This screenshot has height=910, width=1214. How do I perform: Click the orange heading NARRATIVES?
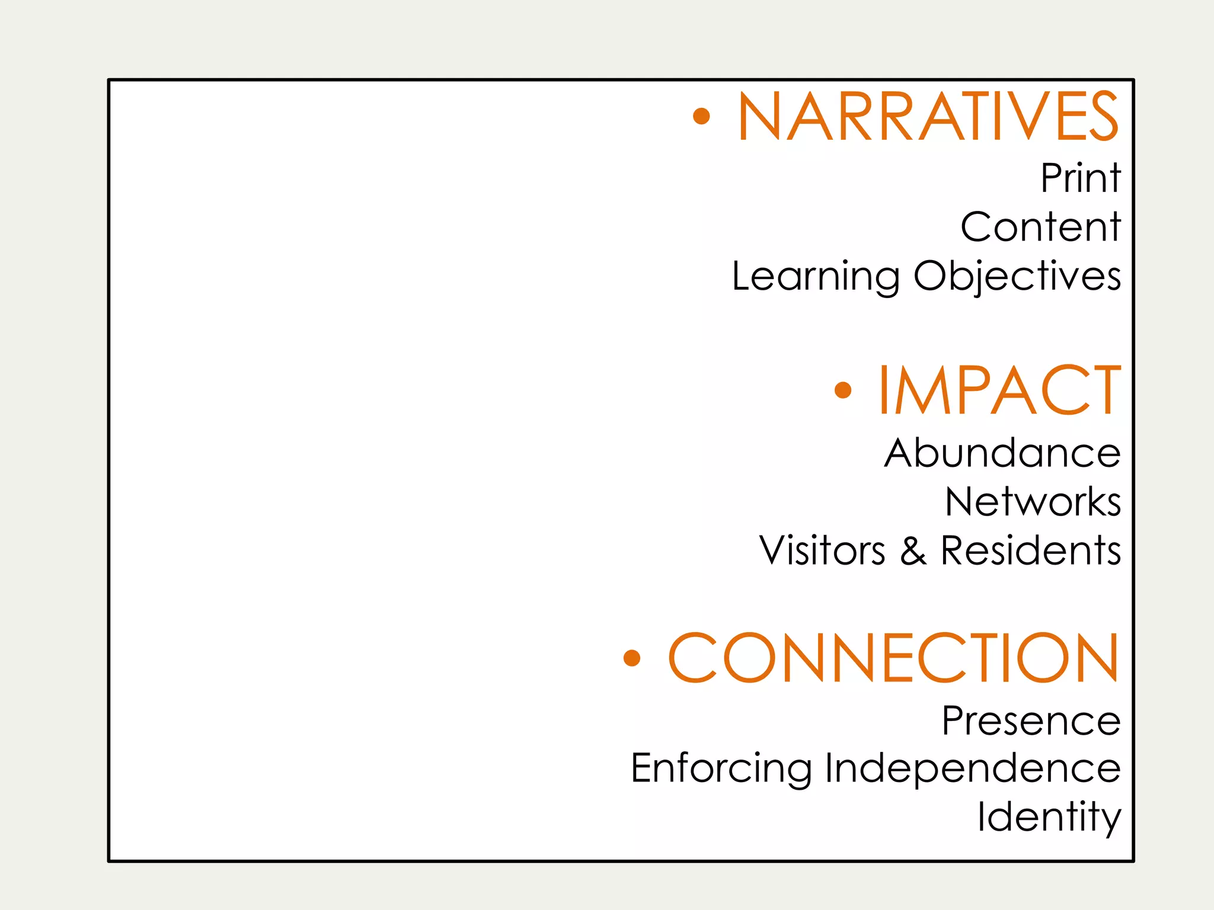pyautogui.click(x=928, y=117)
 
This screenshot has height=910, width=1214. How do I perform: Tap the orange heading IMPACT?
pyautogui.click(x=999, y=391)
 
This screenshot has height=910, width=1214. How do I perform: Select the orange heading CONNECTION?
pyautogui.click(x=893, y=658)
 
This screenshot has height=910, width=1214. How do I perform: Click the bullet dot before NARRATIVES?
pyautogui.click(x=701, y=116)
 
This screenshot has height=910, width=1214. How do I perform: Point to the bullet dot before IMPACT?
pyautogui.click(x=842, y=390)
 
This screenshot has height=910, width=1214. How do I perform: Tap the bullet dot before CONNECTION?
pyautogui.click(x=632, y=658)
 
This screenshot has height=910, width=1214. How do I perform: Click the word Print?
pyautogui.click(x=1081, y=178)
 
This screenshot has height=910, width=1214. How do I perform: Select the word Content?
pyautogui.click(x=1040, y=227)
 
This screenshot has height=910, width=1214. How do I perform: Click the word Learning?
pyautogui.click(x=816, y=277)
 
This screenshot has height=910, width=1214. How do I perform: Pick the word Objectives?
pyautogui.click(x=1017, y=277)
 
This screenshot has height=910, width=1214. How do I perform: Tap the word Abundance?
pyautogui.click(x=1002, y=453)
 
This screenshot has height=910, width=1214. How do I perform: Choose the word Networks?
pyautogui.click(x=1033, y=502)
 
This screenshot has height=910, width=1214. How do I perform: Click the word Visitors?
pyautogui.click(x=822, y=551)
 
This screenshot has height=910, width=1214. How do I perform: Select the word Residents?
pyautogui.click(x=1031, y=551)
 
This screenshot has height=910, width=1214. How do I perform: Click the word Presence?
pyautogui.click(x=1031, y=721)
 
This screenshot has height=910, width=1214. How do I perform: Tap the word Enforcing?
pyautogui.click(x=721, y=768)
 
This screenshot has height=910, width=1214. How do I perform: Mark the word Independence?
pyautogui.click(x=973, y=768)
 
